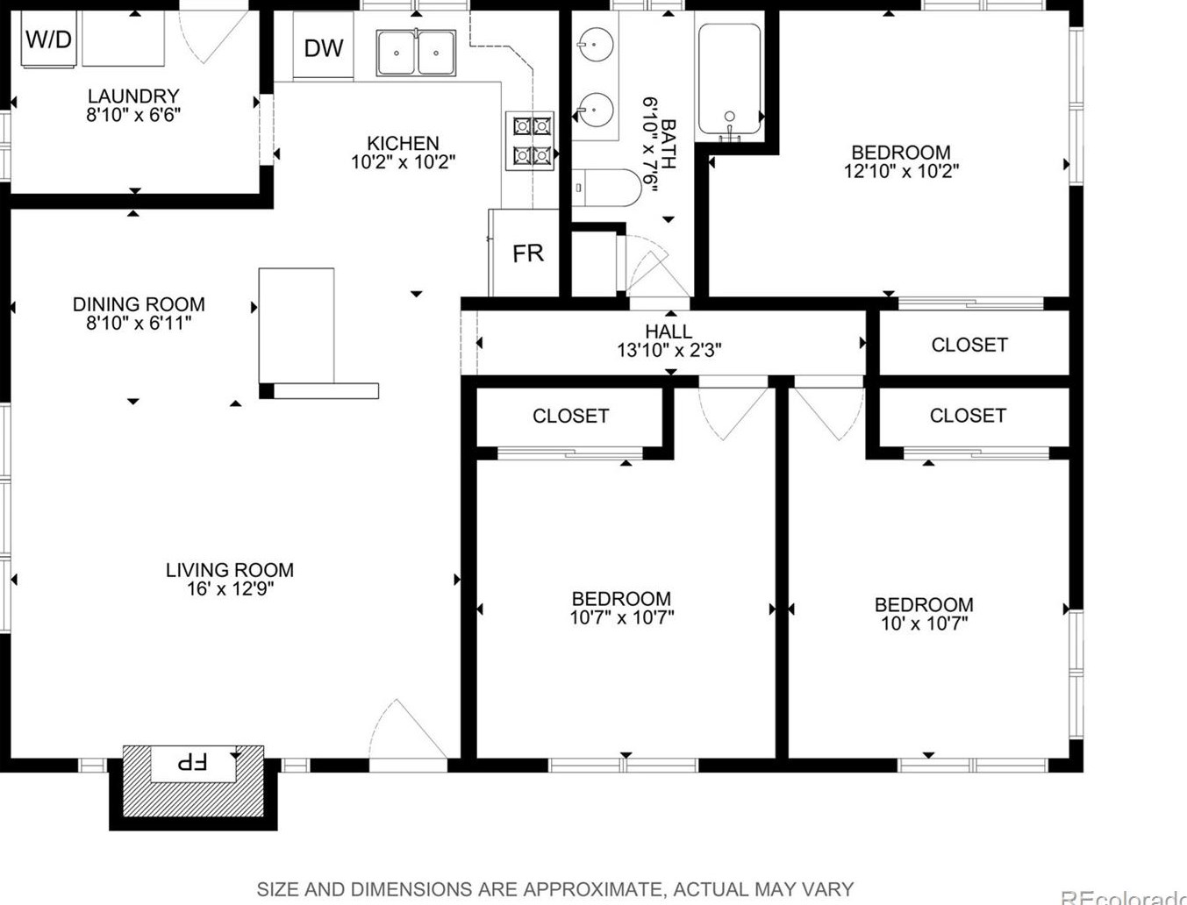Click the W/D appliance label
pos(48,39)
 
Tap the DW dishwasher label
pos(324,48)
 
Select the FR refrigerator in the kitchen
pos(524,253)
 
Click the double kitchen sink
pos(416,53)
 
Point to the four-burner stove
pos(530,141)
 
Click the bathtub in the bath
pos(729,79)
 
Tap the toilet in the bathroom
pos(606,188)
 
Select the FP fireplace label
pos(192,762)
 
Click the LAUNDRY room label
pos(133,96)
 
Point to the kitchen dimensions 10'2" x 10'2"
pos(404,162)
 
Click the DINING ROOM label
pos(139,304)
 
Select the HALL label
pos(669,331)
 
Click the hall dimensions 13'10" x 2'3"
pos(669,351)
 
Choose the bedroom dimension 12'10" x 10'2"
pos(902,171)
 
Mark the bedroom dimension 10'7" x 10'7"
pos(622,617)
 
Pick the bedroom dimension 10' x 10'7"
pos(924,624)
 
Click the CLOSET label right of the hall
pos(969,345)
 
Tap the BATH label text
pos(669,144)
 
